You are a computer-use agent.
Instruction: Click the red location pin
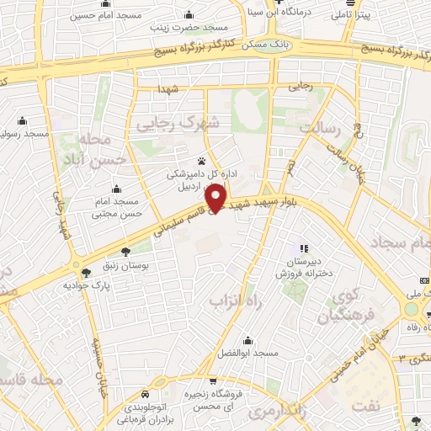pos(218,198)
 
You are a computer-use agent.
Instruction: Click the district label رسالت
pos(330,128)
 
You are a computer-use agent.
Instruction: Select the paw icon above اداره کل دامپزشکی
pos(201,160)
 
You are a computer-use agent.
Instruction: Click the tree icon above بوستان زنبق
pos(125,252)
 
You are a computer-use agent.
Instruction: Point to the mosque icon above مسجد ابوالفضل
pos(247,340)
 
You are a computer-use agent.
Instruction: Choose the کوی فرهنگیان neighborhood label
pos(344,307)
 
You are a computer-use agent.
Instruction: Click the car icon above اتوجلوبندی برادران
pos(148,394)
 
